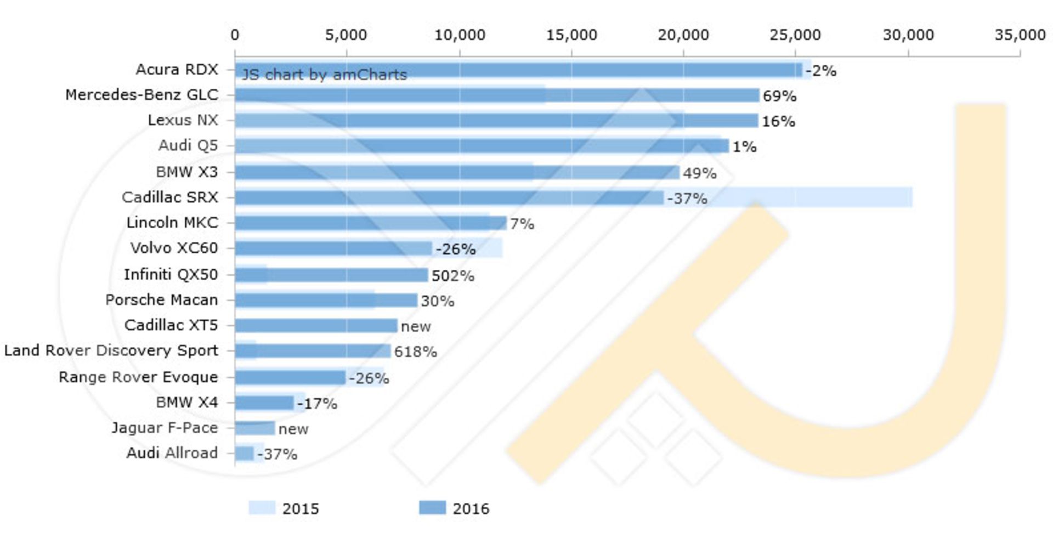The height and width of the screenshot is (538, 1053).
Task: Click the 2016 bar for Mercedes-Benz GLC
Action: tap(496, 95)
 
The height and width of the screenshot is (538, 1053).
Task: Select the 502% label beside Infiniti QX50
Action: tap(452, 275)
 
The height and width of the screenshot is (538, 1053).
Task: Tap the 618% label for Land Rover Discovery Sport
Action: tap(415, 352)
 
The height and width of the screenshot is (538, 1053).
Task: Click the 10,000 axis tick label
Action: tap(460, 35)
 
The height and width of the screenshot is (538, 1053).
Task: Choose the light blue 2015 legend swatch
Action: tap(262, 508)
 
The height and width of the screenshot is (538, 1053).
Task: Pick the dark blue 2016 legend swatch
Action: tap(432, 508)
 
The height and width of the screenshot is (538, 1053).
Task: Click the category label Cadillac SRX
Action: tap(170, 197)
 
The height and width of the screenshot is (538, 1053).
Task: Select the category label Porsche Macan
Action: tap(162, 300)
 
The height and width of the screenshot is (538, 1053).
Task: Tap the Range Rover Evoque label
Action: tap(138, 377)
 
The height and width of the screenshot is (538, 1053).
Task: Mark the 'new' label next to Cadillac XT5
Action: tap(416, 326)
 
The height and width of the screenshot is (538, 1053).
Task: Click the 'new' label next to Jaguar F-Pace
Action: tap(293, 429)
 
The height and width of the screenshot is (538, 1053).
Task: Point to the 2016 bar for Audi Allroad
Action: tap(244, 454)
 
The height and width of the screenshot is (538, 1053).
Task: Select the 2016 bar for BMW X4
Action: tap(264, 403)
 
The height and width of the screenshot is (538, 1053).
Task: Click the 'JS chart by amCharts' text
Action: tap(324, 75)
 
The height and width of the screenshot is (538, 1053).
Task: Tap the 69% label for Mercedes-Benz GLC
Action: tap(779, 96)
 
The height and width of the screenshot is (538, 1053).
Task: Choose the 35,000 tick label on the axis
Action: tap(1020, 35)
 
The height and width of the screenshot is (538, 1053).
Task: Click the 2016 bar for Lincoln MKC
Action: tap(370, 223)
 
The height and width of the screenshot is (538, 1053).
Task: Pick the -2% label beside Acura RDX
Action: tap(821, 71)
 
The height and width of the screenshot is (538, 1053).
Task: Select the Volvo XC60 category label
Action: tap(174, 248)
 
